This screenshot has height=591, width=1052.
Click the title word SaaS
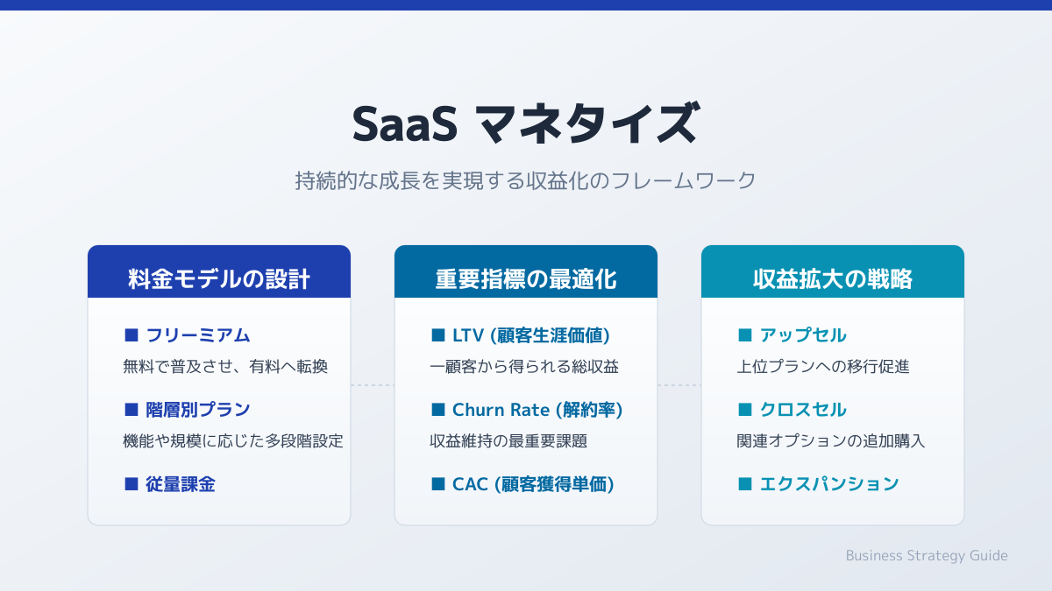click(x=405, y=124)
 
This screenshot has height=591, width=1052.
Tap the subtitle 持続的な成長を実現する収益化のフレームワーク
click(x=525, y=180)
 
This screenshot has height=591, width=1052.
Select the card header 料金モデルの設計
click(x=219, y=279)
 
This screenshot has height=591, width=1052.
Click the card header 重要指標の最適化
click(x=526, y=279)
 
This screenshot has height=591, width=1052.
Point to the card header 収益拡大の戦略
click(x=833, y=279)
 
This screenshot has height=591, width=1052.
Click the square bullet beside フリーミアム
click(x=131, y=334)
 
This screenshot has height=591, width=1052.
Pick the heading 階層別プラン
click(x=198, y=410)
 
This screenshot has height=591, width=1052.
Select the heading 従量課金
click(x=181, y=484)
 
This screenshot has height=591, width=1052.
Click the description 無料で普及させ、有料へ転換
click(x=225, y=366)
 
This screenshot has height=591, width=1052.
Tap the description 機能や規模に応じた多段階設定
click(x=233, y=441)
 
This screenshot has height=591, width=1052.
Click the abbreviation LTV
click(x=468, y=335)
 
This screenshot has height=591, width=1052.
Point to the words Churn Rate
click(x=501, y=410)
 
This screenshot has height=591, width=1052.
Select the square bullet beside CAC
click(x=438, y=483)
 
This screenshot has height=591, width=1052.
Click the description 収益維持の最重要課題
click(x=508, y=441)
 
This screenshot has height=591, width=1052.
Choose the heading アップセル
click(x=803, y=335)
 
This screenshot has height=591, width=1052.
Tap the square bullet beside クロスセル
click(x=745, y=410)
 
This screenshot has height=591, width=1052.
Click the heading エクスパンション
click(x=829, y=484)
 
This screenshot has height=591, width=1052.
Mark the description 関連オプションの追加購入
click(x=831, y=441)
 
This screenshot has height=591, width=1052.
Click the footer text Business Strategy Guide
click(x=927, y=555)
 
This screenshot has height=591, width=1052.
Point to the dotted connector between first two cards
click(x=373, y=385)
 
